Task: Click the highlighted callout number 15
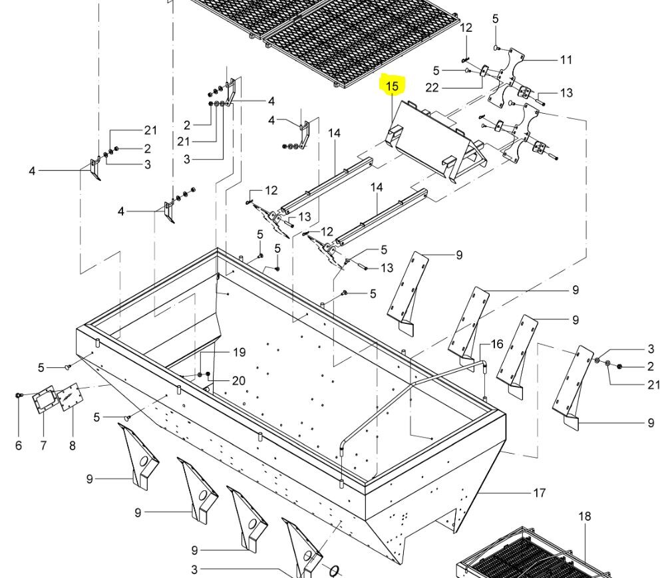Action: pyautogui.click(x=393, y=86)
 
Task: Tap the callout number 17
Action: pyautogui.click(x=539, y=493)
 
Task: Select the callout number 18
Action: pyautogui.click(x=584, y=516)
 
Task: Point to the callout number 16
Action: pyautogui.click(x=497, y=345)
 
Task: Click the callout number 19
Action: pyautogui.click(x=240, y=353)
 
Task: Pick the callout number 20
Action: pyautogui.click(x=238, y=381)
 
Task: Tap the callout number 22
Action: pyautogui.click(x=432, y=88)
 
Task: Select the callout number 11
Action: pyautogui.click(x=566, y=60)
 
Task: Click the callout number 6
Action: pyautogui.click(x=18, y=446)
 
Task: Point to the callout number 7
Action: pyautogui.click(x=43, y=446)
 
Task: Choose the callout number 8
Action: pyautogui.click(x=73, y=446)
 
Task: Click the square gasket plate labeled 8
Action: pyautogui.click(x=69, y=397)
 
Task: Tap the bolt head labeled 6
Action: pyautogui.click(x=19, y=396)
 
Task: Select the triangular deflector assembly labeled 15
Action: pyautogui.click(x=436, y=140)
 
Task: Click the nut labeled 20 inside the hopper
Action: pyautogui.click(x=208, y=374)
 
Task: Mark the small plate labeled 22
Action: pyautogui.click(x=484, y=71)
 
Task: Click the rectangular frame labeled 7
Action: pyautogui.click(x=44, y=400)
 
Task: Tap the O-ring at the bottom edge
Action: pyautogui.click(x=333, y=571)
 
